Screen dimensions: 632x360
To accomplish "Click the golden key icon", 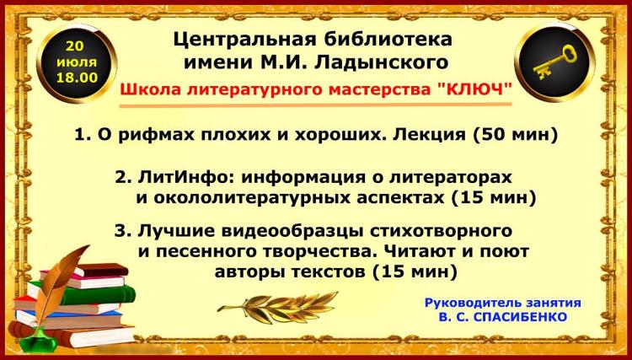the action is [x=555, y=62].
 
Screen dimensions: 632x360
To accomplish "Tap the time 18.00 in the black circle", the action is [x=77, y=78].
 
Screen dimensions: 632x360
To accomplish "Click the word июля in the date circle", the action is [x=77, y=62].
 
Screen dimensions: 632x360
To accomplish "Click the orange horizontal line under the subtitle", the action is [x=316, y=105].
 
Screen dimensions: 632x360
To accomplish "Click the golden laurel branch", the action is [x=278, y=307].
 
